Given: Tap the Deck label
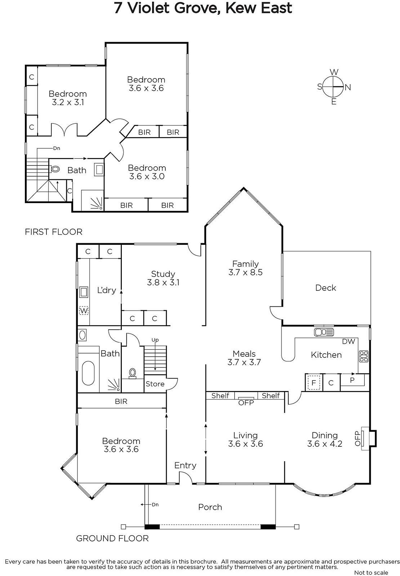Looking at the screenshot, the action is (325, 288).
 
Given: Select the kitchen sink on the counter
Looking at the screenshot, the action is (324, 332).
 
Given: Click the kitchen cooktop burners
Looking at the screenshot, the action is (363, 356).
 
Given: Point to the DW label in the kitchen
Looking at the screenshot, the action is (348, 341).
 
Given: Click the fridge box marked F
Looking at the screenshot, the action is (314, 383).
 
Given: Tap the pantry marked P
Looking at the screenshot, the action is (352, 380).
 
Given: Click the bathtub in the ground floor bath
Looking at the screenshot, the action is (88, 373).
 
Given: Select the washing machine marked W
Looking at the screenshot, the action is (83, 311).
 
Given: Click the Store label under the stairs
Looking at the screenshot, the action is (155, 384).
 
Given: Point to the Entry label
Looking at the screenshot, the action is (185, 465).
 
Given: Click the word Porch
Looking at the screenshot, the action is (210, 507).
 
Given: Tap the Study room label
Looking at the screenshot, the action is (163, 274).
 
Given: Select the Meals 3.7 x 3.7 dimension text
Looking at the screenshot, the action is (244, 362).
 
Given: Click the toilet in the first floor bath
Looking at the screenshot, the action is (54, 169).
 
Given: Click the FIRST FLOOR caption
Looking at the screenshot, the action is (54, 232).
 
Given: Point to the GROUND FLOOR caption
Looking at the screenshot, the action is (112, 538).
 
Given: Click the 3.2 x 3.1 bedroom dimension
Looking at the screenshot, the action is (68, 102).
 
